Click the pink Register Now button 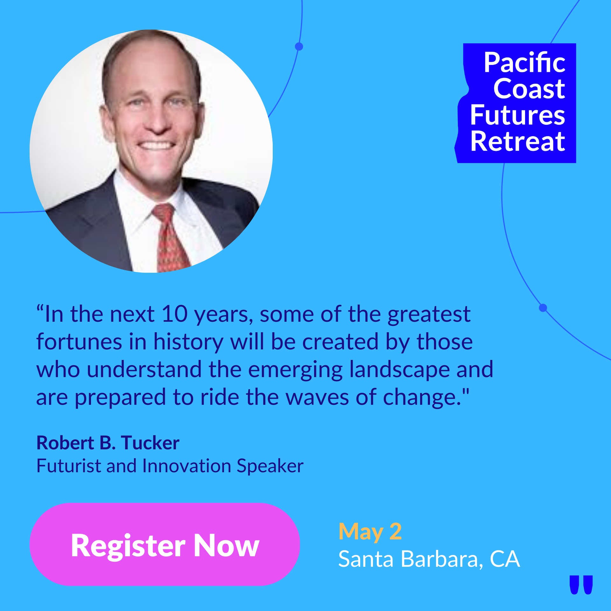[x=165, y=544]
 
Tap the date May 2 [x=370, y=532]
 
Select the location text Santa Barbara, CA [x=429, y=559]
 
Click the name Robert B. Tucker [x=108, y=443]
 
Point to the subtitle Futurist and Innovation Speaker [x=170, y=466]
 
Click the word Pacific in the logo [x=524, y=62]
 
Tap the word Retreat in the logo [x=518, y=142]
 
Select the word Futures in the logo [x=518, y=115]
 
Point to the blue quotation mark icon [x=581, y=585]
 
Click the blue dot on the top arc [x=299, y=46]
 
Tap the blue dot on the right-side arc [x=543, y=308]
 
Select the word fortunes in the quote [x=79, y=342]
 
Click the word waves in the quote [x=317, y=398]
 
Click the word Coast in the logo [x=529, y=89]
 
